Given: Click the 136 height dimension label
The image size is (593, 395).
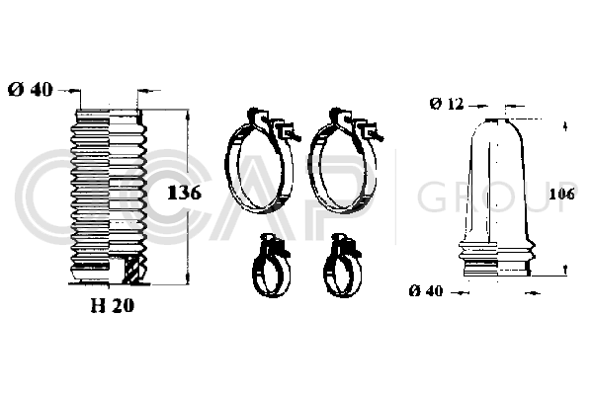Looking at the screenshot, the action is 184,193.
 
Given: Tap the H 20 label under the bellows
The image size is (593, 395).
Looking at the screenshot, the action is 113,305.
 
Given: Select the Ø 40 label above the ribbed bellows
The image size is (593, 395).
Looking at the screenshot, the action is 31,90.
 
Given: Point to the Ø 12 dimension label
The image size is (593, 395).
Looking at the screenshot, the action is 447,103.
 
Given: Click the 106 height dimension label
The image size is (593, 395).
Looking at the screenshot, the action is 561,194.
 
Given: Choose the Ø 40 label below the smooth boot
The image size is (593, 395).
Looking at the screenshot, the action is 426,291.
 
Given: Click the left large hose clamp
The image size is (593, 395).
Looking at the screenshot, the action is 261,162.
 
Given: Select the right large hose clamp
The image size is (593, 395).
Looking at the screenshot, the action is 344,162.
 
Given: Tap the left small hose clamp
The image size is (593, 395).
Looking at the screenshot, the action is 271,266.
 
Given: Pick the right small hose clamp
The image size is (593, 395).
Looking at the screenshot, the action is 343,266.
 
